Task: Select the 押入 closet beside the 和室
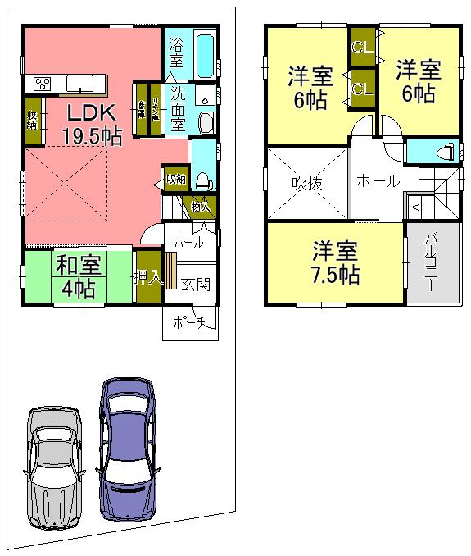(x=148, y=277)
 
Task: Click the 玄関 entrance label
(x=195, y=285)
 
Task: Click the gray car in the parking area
(x=54, y=466)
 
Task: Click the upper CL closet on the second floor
(x=361, y=47)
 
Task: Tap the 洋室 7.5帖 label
(x=335, y=262)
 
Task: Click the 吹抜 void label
(x=307, y=183)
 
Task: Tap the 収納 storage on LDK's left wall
(x=33, y=121)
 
